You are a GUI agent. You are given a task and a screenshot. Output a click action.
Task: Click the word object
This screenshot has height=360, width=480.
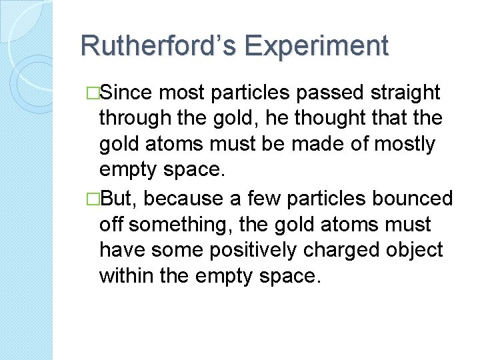pos(417,250)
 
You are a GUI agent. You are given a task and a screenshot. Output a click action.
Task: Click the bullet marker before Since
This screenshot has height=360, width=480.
pos(93,93)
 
